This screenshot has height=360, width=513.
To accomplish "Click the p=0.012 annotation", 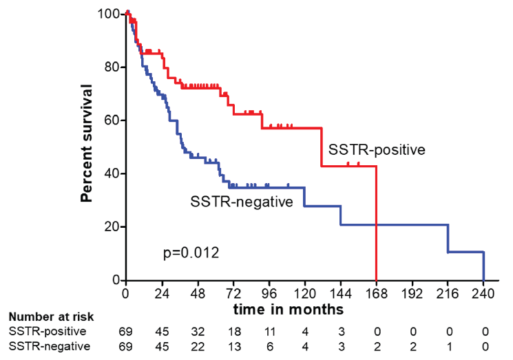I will [191, 253].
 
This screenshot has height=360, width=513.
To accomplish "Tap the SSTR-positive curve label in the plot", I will [376, 149].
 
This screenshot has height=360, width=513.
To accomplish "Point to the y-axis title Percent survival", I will [87, 143].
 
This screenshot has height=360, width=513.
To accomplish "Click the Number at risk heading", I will [50, 317].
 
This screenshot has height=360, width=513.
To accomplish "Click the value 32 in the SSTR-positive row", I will [197, 331].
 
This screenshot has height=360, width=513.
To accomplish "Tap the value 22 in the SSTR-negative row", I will [197, 346].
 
